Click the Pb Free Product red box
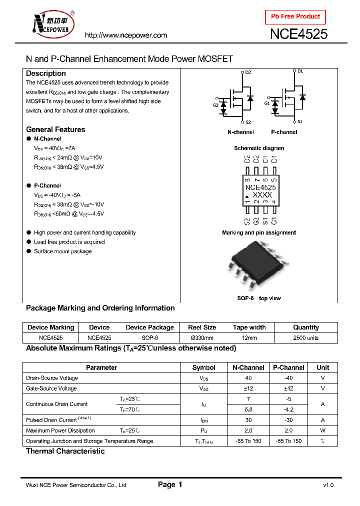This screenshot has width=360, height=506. [x=295, y=17]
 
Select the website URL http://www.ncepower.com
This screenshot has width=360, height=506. [x=125, y=35]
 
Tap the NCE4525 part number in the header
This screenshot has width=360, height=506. [x=298, y=34]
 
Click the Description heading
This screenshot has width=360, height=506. [x=45, y=73]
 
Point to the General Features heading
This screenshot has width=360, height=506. [x=55, y=129]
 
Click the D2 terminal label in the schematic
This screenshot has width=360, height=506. [x=248, y=73]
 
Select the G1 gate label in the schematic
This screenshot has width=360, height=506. [x=266, y=103]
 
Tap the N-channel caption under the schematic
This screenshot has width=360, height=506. [x=240, y=132]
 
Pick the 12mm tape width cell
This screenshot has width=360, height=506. [x=249, y=338]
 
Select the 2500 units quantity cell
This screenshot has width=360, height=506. [x=305, y=338]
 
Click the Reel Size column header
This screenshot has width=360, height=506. [x=202, y=327]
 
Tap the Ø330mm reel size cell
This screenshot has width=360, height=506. [x=202, y=338]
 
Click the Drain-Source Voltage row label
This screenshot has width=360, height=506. [x=52, y=378]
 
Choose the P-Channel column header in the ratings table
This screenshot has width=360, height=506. [x=288, y=367]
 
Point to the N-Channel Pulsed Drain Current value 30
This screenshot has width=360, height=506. [x=248, y=420]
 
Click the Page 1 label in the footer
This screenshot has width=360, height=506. [x=170, y=484]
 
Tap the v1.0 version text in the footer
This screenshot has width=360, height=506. [x=328, y=485]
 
